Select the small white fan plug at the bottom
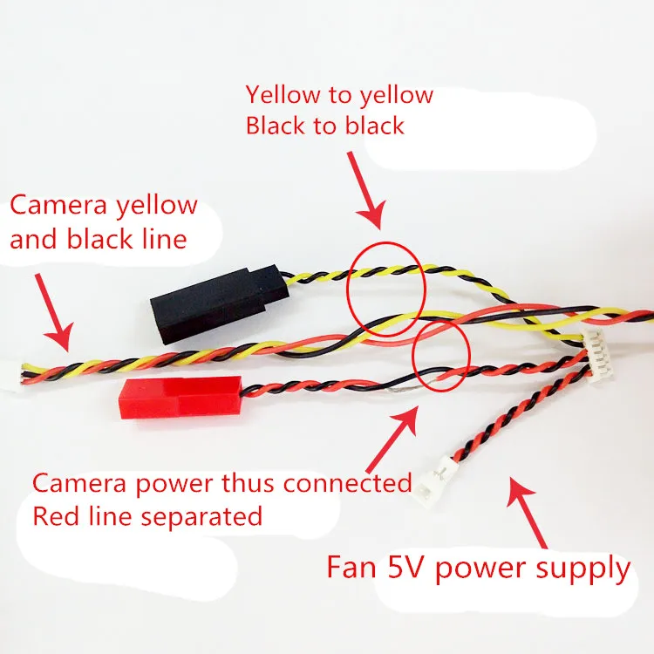(x=435, y=479)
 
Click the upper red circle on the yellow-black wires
(x=387, y=287)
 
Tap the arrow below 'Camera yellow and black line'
(x=51, y=310)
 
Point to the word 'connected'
(x=348, y=482)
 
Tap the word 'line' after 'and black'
(x=163, y=239)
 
